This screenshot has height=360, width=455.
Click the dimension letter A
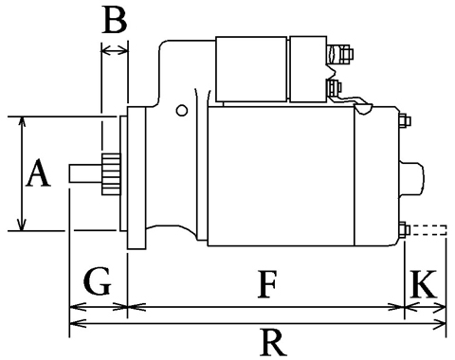38,173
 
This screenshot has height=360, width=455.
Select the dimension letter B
116,21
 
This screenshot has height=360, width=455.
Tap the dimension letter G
98,281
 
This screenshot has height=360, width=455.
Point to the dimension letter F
267,284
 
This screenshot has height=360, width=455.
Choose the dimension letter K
424,284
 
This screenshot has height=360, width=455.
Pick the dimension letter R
274,342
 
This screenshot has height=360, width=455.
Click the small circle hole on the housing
182,110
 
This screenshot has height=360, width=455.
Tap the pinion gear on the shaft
111,174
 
